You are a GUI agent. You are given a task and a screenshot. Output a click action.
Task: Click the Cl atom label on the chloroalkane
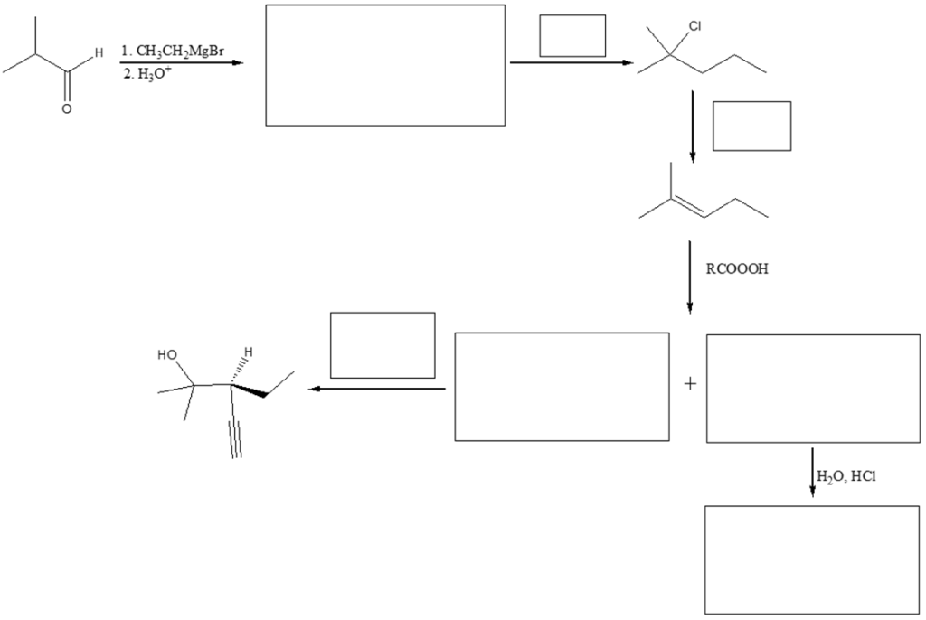pos(694,26)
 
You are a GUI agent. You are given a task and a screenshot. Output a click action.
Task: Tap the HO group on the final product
pos(168,355)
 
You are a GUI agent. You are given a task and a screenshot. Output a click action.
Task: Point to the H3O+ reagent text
pos(146,73)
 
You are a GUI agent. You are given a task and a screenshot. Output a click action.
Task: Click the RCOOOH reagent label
pos(738,268)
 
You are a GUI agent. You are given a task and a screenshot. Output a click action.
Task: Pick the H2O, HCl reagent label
pos(846,476)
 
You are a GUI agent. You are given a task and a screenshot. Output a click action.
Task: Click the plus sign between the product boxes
pos(690,384)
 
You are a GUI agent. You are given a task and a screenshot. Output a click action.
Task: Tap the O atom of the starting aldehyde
pos(66,108)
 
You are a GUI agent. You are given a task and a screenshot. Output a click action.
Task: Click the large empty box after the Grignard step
pos(385,65)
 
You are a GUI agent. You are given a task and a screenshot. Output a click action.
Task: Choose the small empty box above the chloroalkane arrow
pos(572,36)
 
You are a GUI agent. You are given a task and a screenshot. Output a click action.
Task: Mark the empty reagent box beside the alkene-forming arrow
pos(751,126)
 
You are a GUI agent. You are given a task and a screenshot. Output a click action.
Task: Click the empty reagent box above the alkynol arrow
pos(383,344)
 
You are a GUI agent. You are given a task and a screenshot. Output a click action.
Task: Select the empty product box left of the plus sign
pos(562,387)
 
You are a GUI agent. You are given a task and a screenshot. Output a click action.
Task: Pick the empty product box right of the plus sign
pos(813,388)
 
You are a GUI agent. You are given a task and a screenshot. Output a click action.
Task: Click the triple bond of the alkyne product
pos(236,437)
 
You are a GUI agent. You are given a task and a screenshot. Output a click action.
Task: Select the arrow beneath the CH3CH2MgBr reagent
pos(181,63)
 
